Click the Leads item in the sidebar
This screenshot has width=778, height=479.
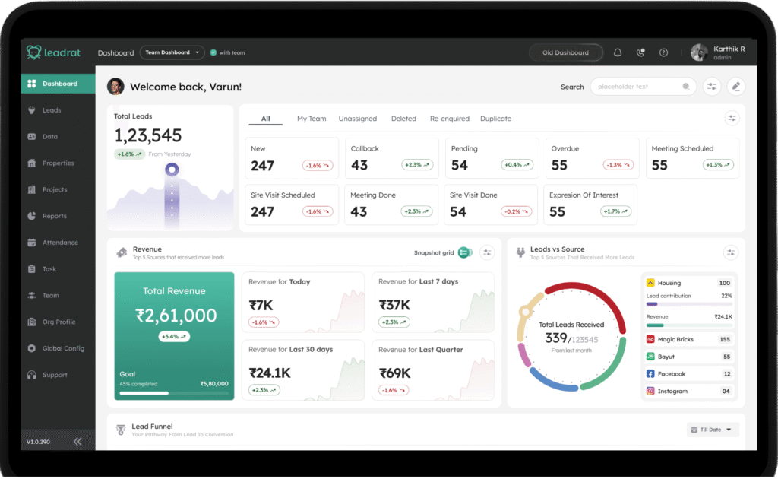pos(52,110)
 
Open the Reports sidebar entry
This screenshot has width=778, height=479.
pos(54,216)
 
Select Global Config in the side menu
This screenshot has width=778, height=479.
pos(63,348)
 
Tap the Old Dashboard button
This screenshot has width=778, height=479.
pos(566,52)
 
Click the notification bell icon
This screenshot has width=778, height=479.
pos(618,52)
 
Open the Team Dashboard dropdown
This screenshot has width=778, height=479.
pos(172,52)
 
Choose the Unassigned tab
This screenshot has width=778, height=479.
pos(358,119)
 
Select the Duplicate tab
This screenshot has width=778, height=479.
pos(495,119)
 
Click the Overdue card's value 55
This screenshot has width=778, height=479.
pos(560,165)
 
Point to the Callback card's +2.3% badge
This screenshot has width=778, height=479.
pos(417,165)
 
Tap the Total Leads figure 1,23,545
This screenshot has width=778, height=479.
pos(148,135)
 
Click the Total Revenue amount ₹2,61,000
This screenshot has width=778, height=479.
pos(176,315)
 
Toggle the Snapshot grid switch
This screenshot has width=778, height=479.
pos(465,252)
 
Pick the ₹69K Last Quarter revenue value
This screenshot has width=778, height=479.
pos(395,373)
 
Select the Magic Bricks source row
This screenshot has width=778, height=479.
pos(688,339)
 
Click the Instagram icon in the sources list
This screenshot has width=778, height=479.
pos(650,391)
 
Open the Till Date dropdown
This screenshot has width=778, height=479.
pos(713,430)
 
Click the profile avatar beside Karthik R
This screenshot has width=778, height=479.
pos(699,52)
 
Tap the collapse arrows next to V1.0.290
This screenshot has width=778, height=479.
pos(77,442)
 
